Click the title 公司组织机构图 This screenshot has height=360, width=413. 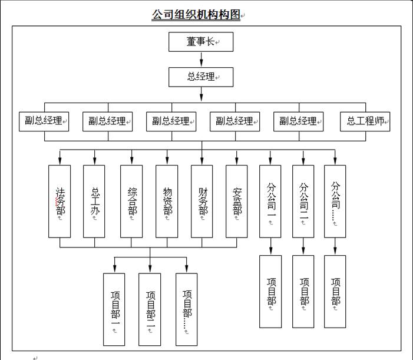(196, 15)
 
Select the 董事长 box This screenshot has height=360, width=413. (201, 42)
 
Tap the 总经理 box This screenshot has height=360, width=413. (201, 77)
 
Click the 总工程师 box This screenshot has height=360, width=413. (365, 121)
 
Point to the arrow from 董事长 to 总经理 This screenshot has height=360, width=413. (201, 59)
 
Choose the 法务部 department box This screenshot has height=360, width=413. (60, 201)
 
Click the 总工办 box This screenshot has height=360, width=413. (94, 201)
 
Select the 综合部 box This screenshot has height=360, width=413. (131, 201)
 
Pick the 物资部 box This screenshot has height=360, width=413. (167, 201)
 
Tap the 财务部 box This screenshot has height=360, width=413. (202, 201)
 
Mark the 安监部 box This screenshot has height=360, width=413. (237, 201)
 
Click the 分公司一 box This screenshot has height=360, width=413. (270, 201)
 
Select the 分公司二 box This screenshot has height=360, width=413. (303, 201)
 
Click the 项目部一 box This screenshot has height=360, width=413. (114, 309)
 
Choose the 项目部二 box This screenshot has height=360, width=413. (150, 309)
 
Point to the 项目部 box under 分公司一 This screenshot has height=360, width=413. (270, 291)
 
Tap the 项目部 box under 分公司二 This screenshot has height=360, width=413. (303, 291)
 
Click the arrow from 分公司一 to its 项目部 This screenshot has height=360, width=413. (270, 247)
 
